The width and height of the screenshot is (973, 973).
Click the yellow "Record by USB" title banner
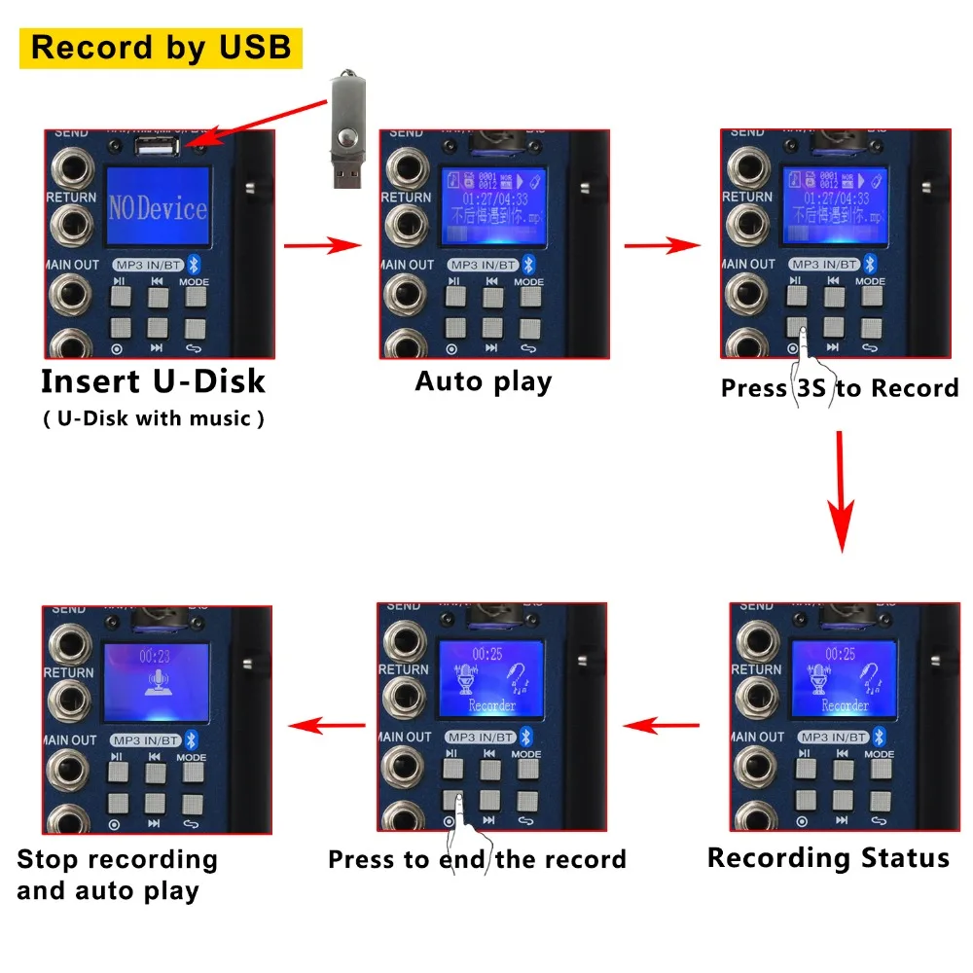[161, 48]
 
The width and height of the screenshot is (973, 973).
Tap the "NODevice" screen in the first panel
[159, 206]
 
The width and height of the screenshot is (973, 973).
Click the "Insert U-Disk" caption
[153, 381]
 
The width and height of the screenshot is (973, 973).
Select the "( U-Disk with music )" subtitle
[153, 419]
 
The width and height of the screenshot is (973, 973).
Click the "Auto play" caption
[483, 380]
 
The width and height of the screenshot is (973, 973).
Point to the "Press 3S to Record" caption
[839, 388]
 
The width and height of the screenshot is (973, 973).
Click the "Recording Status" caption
[828, 858]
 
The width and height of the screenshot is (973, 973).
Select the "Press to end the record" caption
[477, 860]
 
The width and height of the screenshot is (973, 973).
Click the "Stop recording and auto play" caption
[117, 875]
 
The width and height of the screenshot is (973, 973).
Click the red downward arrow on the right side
[841, 491]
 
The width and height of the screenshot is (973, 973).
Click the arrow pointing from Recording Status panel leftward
[661, 725]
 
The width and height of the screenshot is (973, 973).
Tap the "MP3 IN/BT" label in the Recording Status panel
[830, 737]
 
